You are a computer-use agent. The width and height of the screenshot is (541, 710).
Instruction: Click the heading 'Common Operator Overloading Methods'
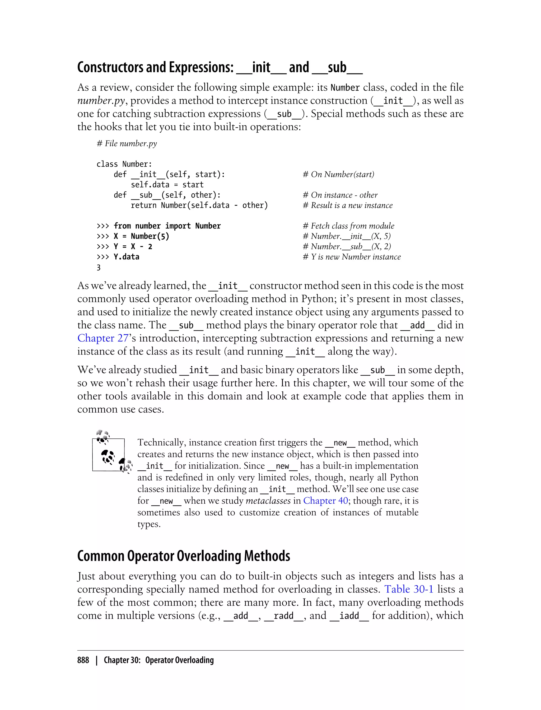click(x=184, y=556)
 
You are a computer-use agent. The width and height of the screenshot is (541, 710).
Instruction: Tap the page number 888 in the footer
click(x=83, y=660)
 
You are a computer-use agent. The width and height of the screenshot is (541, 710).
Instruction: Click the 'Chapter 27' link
click(x=103, y=338)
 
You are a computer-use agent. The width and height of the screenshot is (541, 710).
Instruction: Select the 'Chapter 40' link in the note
click(x=325, y=501)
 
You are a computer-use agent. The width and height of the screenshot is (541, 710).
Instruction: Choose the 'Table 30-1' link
click(x=409, y=589)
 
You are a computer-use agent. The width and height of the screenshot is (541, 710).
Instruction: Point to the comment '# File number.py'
click(x=127, y=144)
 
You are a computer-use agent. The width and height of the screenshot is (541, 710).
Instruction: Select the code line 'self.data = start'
click(x=167, y=185)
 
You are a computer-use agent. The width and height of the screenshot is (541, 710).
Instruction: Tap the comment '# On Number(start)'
click(x=338, y=175)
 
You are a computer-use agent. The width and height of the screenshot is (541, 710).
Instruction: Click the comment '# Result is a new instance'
click(x=348, y=205)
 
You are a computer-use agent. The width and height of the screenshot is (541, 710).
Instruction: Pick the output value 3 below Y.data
click(x=99, y=268)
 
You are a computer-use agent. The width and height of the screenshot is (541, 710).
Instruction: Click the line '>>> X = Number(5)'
click(x=133, y=236)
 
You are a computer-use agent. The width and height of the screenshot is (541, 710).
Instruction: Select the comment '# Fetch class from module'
click(x=348, y=226)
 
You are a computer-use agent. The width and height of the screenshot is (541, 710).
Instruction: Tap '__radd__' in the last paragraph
click(x=284, y=616)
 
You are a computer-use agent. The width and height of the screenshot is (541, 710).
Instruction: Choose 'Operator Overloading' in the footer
click(x=179, y=660)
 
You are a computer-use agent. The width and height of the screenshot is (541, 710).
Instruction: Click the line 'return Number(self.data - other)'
click(x=199, y=205)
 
